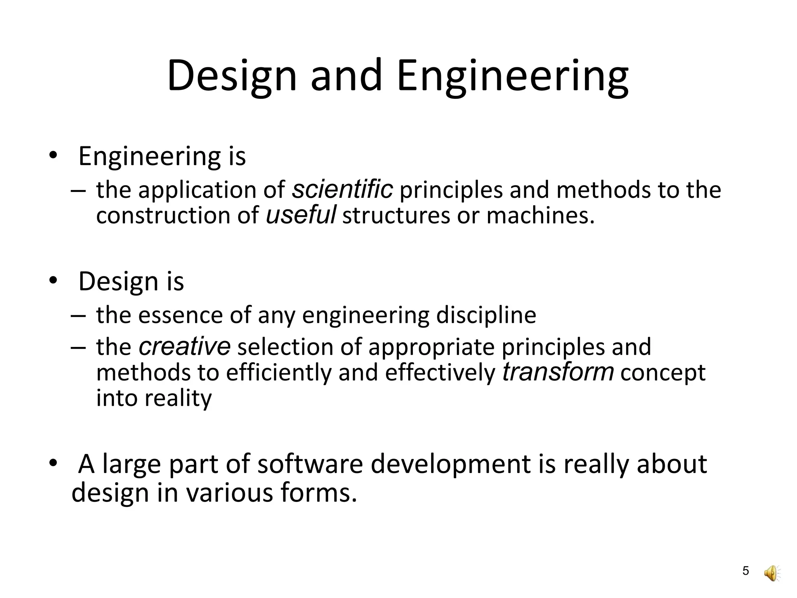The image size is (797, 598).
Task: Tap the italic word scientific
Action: coord(342,190)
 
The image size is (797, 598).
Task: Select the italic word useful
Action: coord(300,215)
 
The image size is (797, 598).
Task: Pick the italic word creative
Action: coord(184,346)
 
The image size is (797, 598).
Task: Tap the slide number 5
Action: coord(746,571)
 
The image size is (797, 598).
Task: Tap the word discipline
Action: coord(486,315)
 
